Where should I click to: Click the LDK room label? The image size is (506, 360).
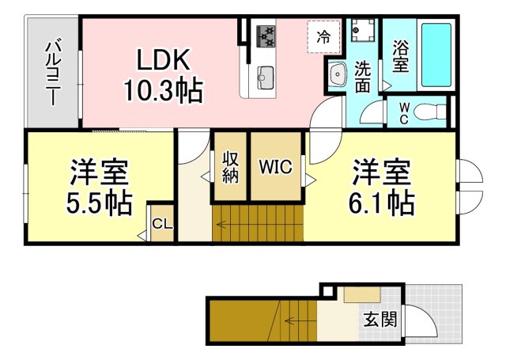(x=164, y=60)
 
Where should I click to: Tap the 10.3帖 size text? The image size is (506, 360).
(x=164, y=90)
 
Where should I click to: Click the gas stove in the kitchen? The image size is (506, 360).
(x=266, y=36)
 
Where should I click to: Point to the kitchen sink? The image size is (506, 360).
(x=266, y=77)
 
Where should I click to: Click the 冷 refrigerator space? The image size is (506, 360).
(x=323, y=37)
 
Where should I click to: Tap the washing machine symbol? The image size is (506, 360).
(x=363, y=30)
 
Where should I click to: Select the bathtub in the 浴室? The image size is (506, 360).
(x=436, y=55)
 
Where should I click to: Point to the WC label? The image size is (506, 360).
(x=403, y=113)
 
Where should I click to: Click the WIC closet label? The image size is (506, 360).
(x=276, y=167)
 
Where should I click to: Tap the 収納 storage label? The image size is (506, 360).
(x=230, y=167)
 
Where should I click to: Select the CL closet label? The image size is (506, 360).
(x=162, y=223)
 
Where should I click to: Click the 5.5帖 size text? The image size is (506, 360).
(x=100, y=204)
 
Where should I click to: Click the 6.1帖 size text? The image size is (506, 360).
(x=381, y=204)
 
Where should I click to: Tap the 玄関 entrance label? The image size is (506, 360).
(x=380, y=320)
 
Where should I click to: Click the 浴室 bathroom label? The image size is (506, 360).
(x=401, y=56)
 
